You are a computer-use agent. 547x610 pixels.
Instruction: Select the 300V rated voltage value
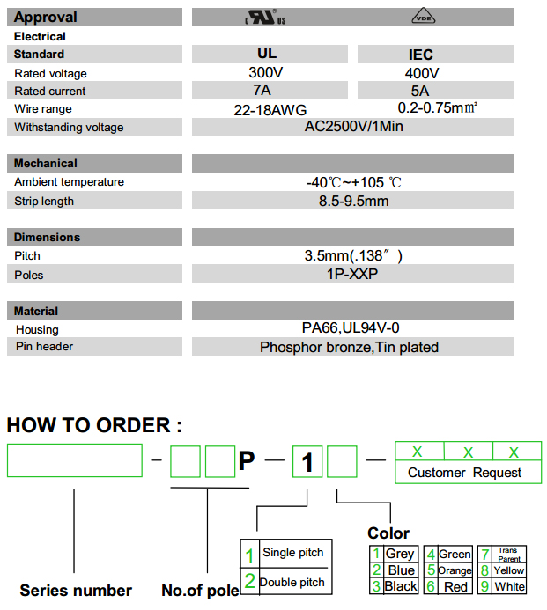[266, 73]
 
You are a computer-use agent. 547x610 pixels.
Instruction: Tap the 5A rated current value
[420, 91]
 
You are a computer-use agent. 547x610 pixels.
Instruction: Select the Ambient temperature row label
[69, 182]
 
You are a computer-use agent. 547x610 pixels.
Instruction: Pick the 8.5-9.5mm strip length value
[353, 201]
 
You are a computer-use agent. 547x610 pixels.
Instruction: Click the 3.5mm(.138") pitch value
[352, 256]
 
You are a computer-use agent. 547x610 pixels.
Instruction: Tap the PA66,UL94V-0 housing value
[351, 327]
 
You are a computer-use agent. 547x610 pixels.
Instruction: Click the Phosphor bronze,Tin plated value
[349, 347]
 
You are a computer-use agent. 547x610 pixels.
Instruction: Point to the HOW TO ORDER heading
[94, 425]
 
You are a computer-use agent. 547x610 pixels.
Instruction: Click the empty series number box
[74, 460]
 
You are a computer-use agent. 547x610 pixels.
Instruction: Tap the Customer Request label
[464, 473]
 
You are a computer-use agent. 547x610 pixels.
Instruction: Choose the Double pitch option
[291, 582]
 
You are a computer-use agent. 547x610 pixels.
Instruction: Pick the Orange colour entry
[455, 570]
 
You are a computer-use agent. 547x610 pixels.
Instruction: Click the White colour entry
[509, 586]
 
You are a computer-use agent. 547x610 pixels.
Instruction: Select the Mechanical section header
[46, 163]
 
